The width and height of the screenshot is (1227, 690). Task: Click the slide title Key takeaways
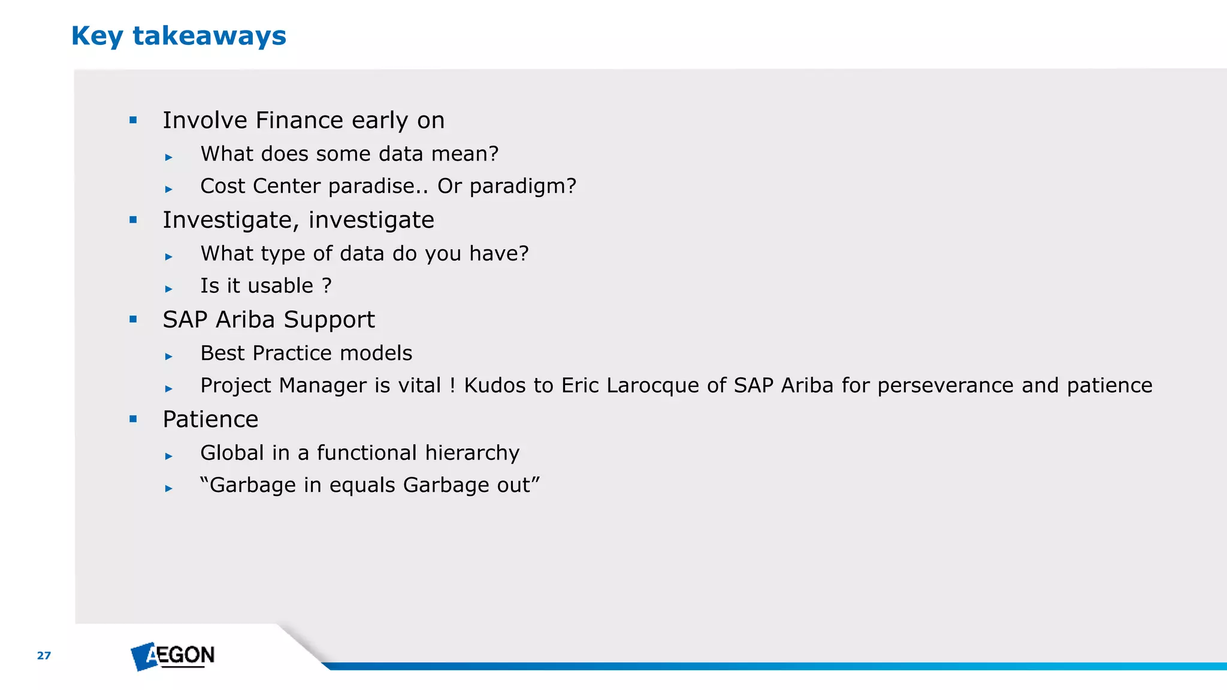point(179,36)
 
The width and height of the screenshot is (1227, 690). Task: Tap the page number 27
point(44,655)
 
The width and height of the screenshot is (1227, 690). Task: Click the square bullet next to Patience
point(133,419)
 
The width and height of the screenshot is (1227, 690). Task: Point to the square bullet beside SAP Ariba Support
point(133,319)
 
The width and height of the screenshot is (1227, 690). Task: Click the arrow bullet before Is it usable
point(169,289)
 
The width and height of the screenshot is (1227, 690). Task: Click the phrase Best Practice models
point(306,353)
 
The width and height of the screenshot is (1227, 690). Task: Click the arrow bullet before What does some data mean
point(169,157)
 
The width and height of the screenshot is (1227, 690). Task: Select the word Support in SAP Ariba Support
point(329,320)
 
